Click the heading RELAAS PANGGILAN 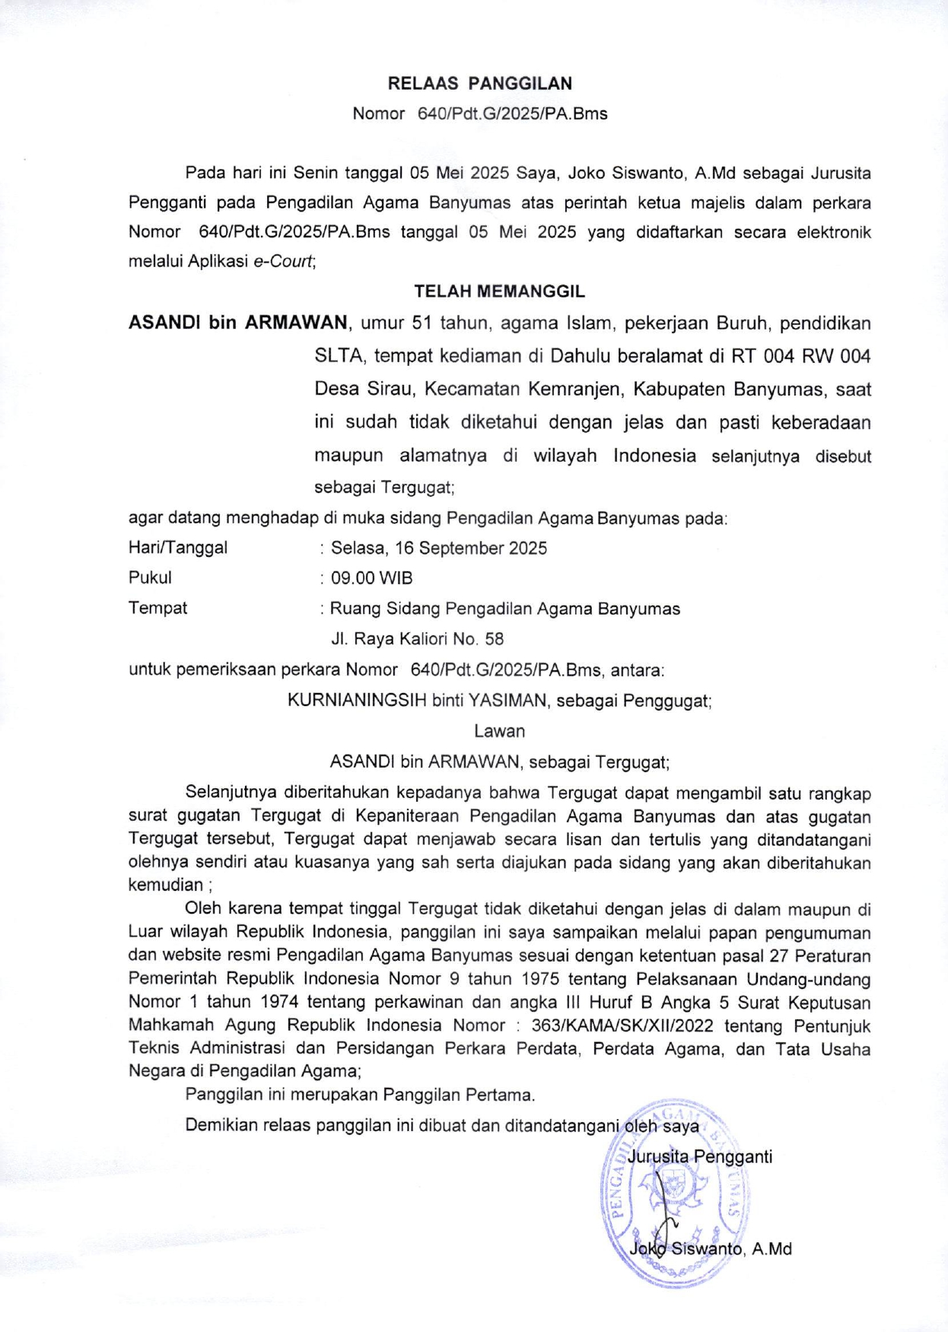click(479, 84)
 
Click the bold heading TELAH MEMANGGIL click(499, 291)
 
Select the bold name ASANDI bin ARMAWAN click(238, 323)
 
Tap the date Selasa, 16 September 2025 click(438, 548)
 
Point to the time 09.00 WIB click(371, 578)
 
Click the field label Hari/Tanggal click(177, 548)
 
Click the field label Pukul click(150, 578)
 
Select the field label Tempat click(157, 609)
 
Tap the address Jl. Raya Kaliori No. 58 click(417, 639)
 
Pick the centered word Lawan click(499, 731)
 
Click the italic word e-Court click(283, 262)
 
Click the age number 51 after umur click(422, 323)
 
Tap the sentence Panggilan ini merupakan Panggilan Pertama click(360, 1095)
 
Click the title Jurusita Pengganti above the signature click(700, 1157)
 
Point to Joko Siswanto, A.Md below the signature click(711, 1248)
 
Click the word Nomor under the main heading click(378, 114)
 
